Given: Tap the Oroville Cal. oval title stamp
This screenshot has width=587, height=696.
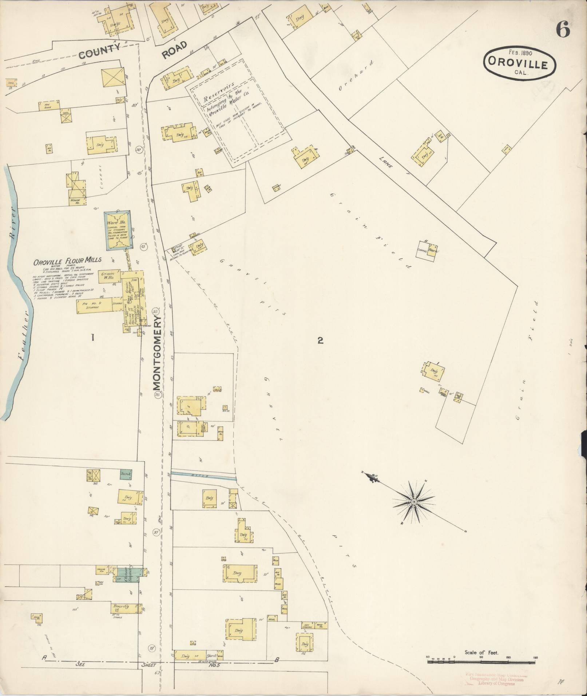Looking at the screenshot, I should pos(519,63).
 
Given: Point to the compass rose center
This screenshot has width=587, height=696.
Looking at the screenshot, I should pos(414,502).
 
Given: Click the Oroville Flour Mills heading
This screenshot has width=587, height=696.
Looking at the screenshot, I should pos(67,261).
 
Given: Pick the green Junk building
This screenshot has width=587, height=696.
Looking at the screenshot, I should pos(126,474).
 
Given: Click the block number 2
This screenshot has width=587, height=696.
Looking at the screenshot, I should pos(320,341).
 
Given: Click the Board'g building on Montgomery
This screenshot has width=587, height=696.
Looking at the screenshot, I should pos(124,606).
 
